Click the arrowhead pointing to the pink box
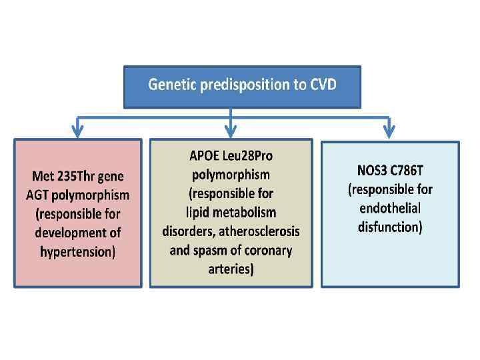pos(78,130)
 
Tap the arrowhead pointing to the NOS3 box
pos(389,130)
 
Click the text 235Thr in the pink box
pos(81,177)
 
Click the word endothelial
pos(389,208)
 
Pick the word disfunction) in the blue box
pos(389,227)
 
